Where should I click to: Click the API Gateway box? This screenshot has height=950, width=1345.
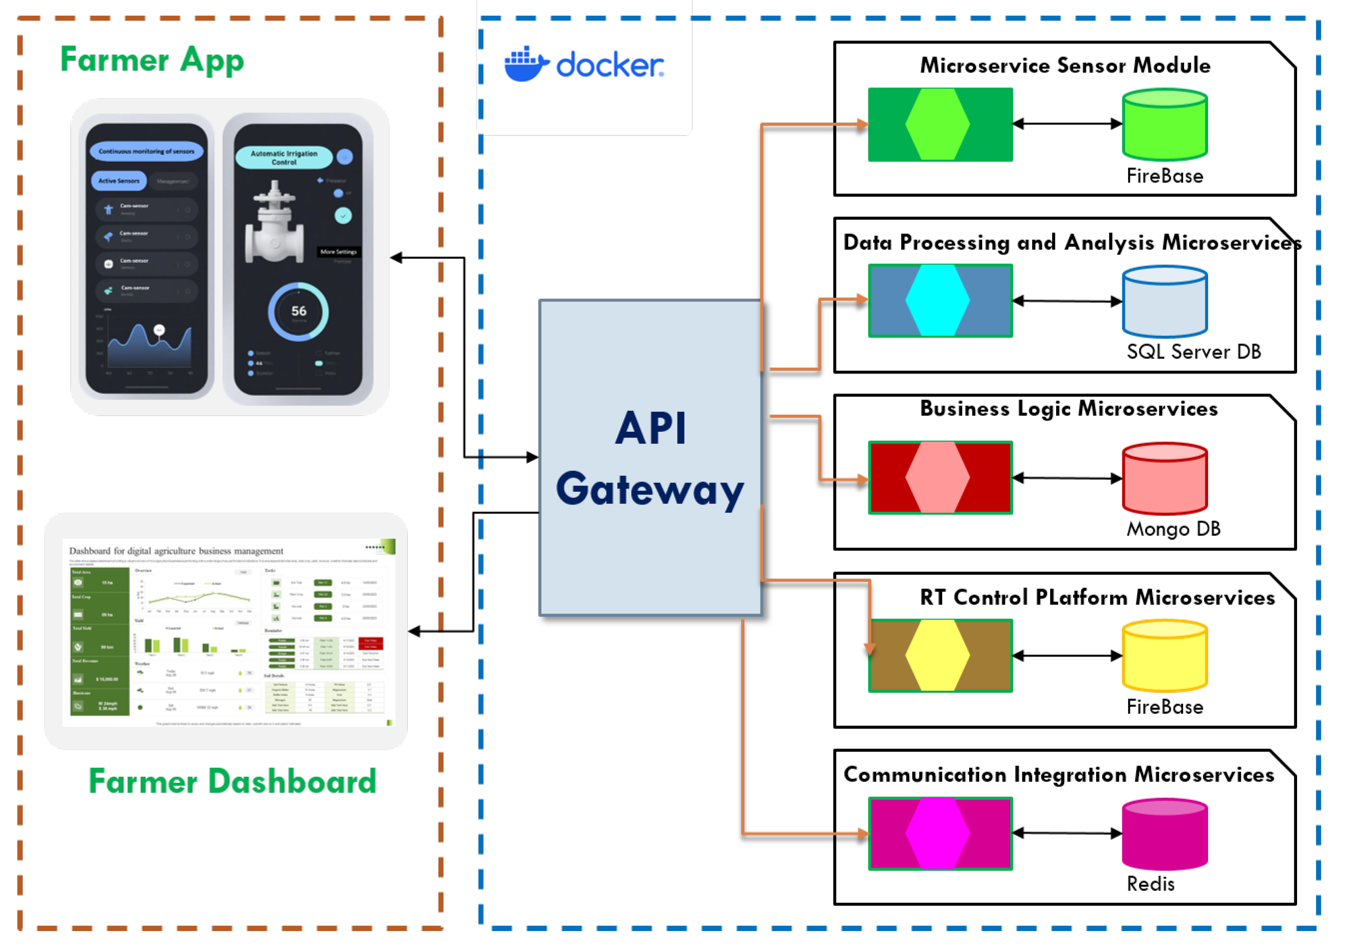click(x=650, y=457)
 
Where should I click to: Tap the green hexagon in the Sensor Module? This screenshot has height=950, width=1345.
click(x=937, y=124)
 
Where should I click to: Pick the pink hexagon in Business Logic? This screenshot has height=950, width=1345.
click(x=937, y=478)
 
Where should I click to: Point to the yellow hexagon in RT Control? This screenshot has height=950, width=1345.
click(x=937, y=655)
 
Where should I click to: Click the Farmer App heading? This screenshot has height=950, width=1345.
click(x=152, y=60)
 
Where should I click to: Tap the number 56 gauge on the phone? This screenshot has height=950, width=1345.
click(x=299, y=311)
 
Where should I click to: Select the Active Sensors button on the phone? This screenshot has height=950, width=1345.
click(x=119, y=181)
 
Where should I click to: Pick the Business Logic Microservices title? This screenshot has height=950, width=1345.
click(x=1069, y=408)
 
